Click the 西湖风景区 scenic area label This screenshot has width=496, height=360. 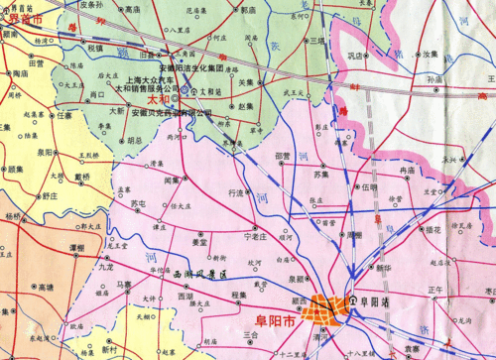(x=201, y=273)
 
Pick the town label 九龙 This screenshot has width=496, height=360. (x=107, y=267)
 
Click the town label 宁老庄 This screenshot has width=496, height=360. (x=256, y=237)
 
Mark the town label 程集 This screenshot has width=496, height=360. (x=238, y=295)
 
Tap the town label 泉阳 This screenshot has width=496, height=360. (x=46, y=153)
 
